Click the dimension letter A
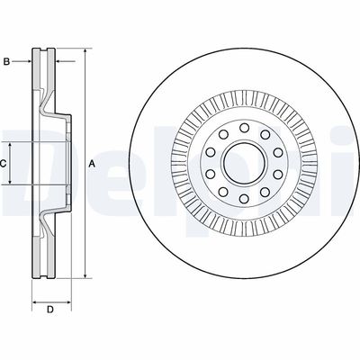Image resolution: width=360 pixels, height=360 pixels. click(92, 164)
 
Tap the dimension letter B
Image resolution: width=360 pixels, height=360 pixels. click(6, 62)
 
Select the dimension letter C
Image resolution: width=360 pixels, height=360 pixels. click(3, 164)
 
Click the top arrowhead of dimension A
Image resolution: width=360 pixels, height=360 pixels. click(85, 52)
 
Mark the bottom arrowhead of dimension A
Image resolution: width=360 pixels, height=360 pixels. click(85, 275)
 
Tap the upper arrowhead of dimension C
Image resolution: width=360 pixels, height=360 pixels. click(10, 146)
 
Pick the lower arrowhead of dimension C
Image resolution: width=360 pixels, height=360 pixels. click(10, 181)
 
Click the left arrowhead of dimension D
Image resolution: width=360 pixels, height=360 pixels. click(35, 302)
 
